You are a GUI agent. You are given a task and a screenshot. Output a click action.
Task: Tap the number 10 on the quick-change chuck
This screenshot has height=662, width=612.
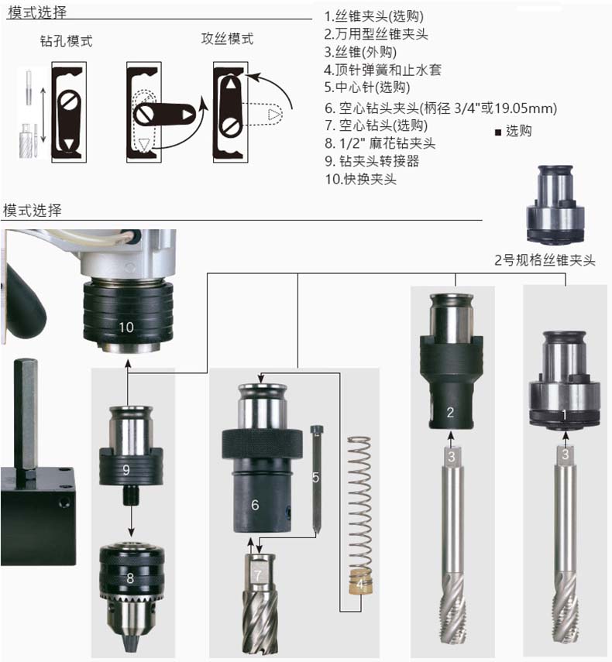(125, 328)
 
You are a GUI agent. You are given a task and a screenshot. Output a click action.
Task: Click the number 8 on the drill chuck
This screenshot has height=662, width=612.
(130, 578)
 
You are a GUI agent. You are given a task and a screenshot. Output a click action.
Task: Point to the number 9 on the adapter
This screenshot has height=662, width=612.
(125, 469)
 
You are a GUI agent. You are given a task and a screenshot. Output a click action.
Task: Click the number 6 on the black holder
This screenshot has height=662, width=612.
(255, 505)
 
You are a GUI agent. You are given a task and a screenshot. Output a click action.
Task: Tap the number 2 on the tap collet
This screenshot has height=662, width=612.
(450, 413)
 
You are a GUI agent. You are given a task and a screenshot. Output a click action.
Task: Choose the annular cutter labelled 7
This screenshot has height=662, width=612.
(260, 604)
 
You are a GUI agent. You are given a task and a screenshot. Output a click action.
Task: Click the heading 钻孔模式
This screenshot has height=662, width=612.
(67, 41)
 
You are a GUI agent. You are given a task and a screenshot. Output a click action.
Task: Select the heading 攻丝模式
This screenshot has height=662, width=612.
(227, 39)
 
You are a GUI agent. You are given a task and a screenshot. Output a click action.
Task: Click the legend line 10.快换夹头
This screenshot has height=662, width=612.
(361, 179)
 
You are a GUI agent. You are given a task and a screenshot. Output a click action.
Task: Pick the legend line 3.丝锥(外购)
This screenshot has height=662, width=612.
(360, 52)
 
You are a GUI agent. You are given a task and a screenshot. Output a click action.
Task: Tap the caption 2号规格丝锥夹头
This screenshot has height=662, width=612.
(545, 260)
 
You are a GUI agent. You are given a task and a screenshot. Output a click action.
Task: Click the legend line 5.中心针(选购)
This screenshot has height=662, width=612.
(367, 87)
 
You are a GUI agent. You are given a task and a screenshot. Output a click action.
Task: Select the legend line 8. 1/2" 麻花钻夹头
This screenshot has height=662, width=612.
(380, 143)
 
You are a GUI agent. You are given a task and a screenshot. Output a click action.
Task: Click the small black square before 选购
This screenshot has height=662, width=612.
(498, 132)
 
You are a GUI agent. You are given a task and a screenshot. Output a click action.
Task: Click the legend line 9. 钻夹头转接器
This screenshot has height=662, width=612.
(372, 161)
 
